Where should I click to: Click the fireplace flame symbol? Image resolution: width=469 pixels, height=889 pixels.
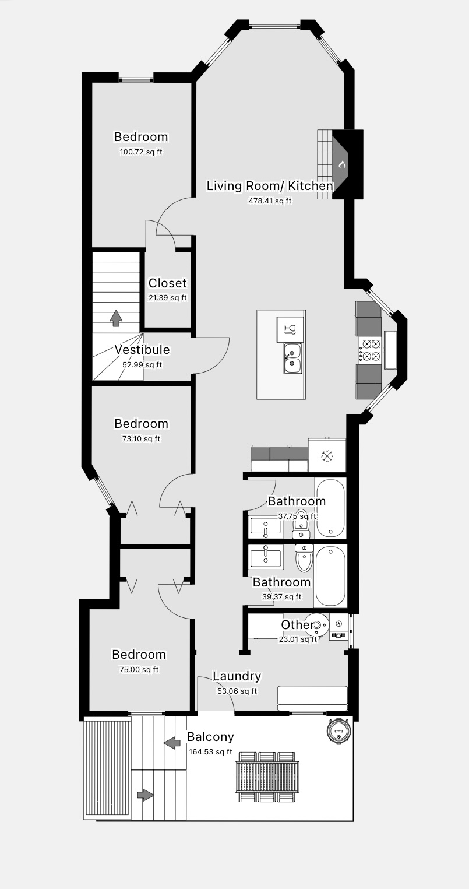341,164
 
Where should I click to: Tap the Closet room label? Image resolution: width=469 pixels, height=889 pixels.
167,283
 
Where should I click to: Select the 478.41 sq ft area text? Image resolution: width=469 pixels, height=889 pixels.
270,201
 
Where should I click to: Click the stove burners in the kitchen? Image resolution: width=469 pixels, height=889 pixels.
370,349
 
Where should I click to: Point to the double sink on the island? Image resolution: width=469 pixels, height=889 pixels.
292,359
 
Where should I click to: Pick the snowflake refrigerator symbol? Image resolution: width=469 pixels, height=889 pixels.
327,456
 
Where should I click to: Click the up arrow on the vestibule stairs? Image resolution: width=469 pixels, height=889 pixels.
115,318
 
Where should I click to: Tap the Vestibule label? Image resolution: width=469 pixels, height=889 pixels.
142,350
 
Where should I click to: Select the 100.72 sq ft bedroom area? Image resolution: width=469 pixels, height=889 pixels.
141,152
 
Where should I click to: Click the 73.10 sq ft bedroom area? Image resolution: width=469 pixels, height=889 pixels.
141,439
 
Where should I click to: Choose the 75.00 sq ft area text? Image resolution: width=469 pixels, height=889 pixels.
139,670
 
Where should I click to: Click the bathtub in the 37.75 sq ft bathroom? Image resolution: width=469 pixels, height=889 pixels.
330,508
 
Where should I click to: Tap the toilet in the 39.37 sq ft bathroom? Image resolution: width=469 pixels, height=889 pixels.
304,558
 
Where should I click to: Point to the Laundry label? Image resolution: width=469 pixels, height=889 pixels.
237,676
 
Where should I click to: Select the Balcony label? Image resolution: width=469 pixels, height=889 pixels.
210,737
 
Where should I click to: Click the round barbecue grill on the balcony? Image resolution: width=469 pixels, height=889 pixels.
338,730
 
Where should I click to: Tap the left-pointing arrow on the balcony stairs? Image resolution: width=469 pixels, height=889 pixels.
171,743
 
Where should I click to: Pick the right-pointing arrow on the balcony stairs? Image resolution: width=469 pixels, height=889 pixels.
146,795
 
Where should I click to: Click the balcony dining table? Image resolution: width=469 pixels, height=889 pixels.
267,776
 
